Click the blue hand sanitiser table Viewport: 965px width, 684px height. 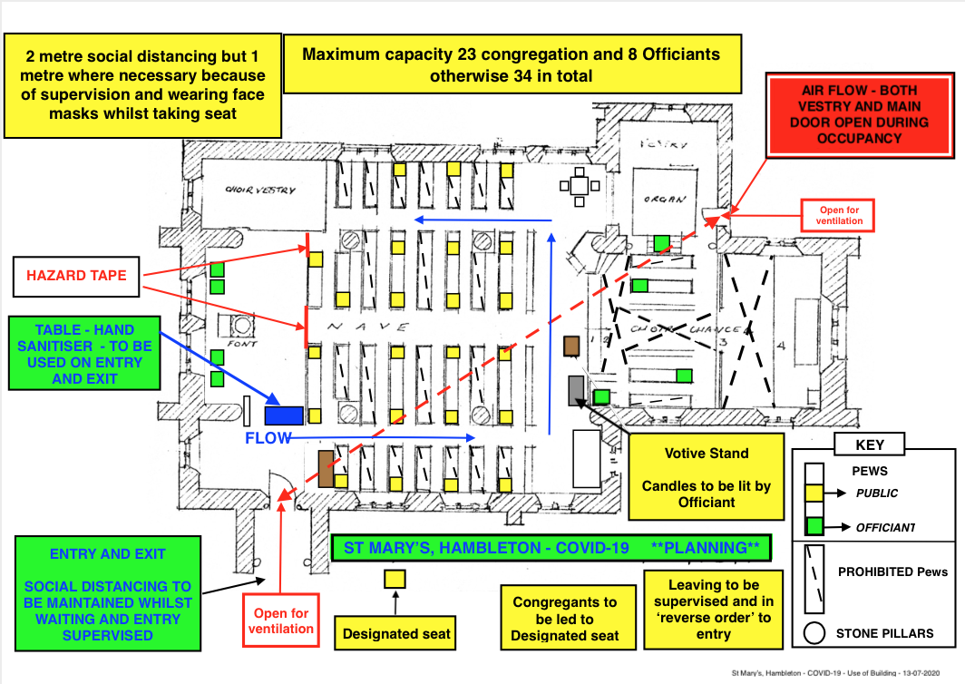click(x=284, y=415)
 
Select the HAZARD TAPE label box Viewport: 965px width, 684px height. click(x=76, y=276)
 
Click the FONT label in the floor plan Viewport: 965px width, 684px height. click(x=244, y=345)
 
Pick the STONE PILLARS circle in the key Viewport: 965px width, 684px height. click(x=815, y=632)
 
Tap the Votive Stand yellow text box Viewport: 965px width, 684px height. click(x=707, y=476)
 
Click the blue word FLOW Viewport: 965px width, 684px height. click(x=268, y=439)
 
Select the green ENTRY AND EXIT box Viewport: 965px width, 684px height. click(x=108, y=594)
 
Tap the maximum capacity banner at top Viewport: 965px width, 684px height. click(x=512, y=64)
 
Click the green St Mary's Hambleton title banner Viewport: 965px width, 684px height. click(x=551, y=548)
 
